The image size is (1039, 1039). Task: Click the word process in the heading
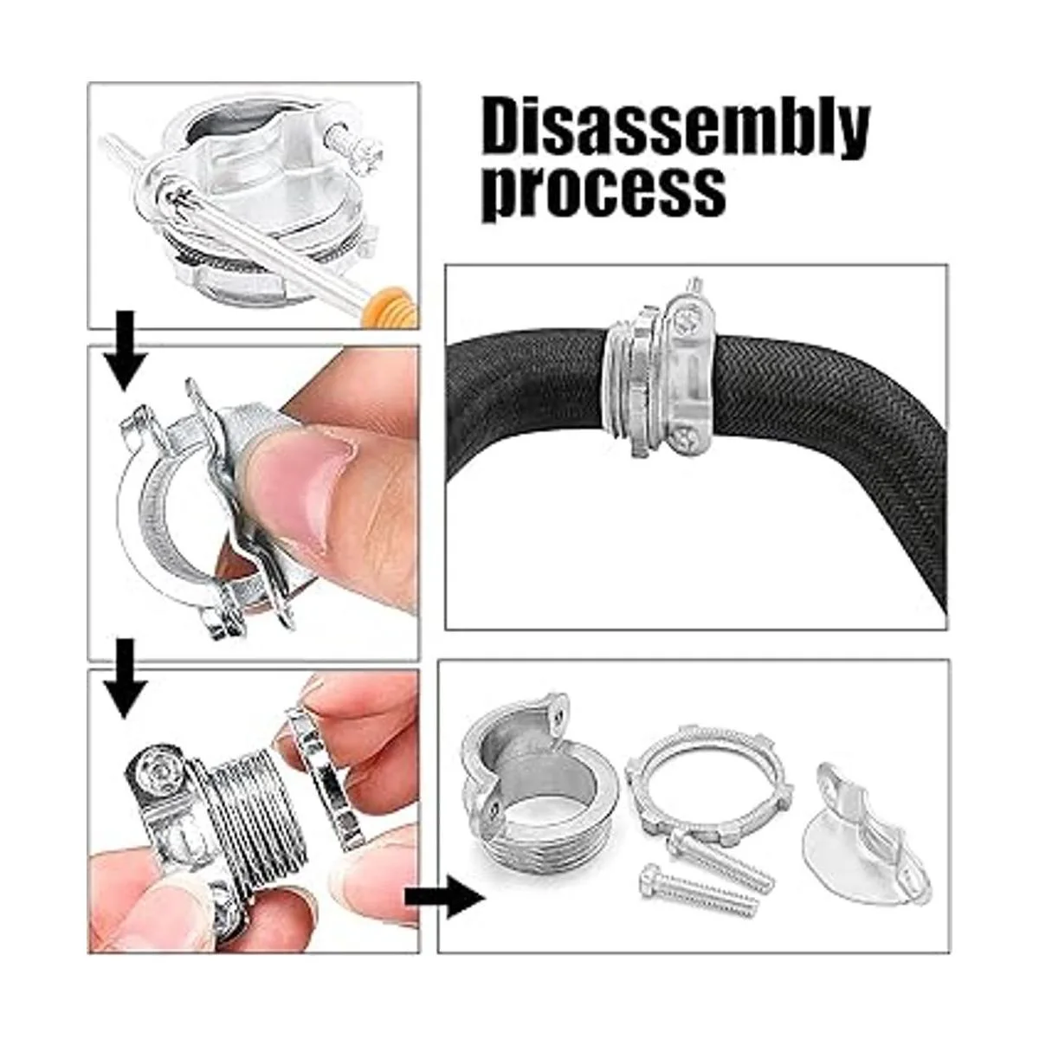603,192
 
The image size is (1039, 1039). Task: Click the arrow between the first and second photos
125,350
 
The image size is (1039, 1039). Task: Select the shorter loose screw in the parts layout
698,891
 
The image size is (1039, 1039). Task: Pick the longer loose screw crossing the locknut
720,857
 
